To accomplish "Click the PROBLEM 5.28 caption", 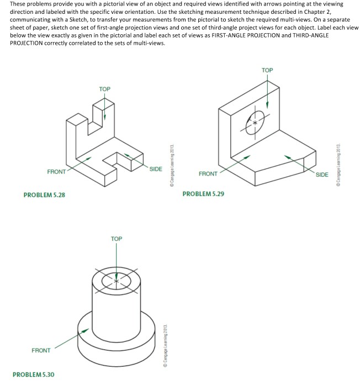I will pyautogui.click(x=44, y=194).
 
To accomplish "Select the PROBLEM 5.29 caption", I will pyautogui.click(x=203, y=194).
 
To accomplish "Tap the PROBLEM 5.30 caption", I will pyautogui.click(x=34, y=375).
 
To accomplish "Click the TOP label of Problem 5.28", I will pyautogui.click(x=104, y=89).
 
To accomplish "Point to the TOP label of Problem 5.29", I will pyautogui.click(x=267, y=70).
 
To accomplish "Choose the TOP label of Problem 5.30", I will pyautogui.click(x=116, y=239).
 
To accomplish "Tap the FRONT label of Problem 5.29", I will pyautogui.click(x=208, y=174).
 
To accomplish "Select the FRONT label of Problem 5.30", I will pyautogui.click(x=41, y=350).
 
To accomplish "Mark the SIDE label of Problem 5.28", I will pyautogui.click(x=156, y=168).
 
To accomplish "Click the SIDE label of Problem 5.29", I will pyautogui.click(x=321, y=175).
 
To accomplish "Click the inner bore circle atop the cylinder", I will pyautogui.click(x=116, y=280).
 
